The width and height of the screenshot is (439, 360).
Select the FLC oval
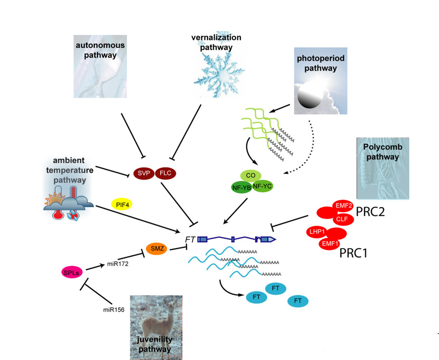165,173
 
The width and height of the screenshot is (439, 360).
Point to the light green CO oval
251,176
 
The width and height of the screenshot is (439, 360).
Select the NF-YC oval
262,186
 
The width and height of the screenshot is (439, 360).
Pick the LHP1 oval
318,232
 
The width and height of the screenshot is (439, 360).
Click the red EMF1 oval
329,244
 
